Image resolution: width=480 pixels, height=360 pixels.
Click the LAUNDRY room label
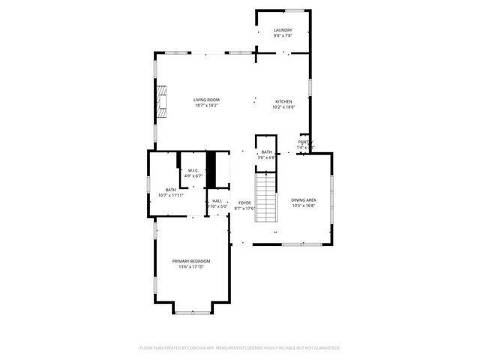tap(282, 30)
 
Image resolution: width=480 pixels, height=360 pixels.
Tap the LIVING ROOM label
tap(205, 100)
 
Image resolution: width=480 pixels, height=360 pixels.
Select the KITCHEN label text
tap(283, 101)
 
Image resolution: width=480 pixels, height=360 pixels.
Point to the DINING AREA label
tap(304, 199)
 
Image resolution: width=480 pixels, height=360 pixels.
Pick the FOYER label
tap(244, 202)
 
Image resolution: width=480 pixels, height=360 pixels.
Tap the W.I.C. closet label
tap(193, 170)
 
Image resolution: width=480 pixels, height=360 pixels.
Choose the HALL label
tap(217, 201)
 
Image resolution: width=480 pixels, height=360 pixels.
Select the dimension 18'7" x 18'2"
tap(205, 106)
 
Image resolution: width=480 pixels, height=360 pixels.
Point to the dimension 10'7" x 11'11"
tap(171, 196)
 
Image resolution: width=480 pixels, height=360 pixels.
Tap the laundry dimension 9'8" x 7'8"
tap(282, 35)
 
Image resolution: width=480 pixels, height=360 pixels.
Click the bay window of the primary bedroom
tap(193, 309)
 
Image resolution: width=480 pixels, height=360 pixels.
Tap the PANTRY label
tap(304, 142)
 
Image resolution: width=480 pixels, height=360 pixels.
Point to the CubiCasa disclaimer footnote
tap(240, 348)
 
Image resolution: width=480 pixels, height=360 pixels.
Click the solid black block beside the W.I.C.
tap(211, 170)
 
